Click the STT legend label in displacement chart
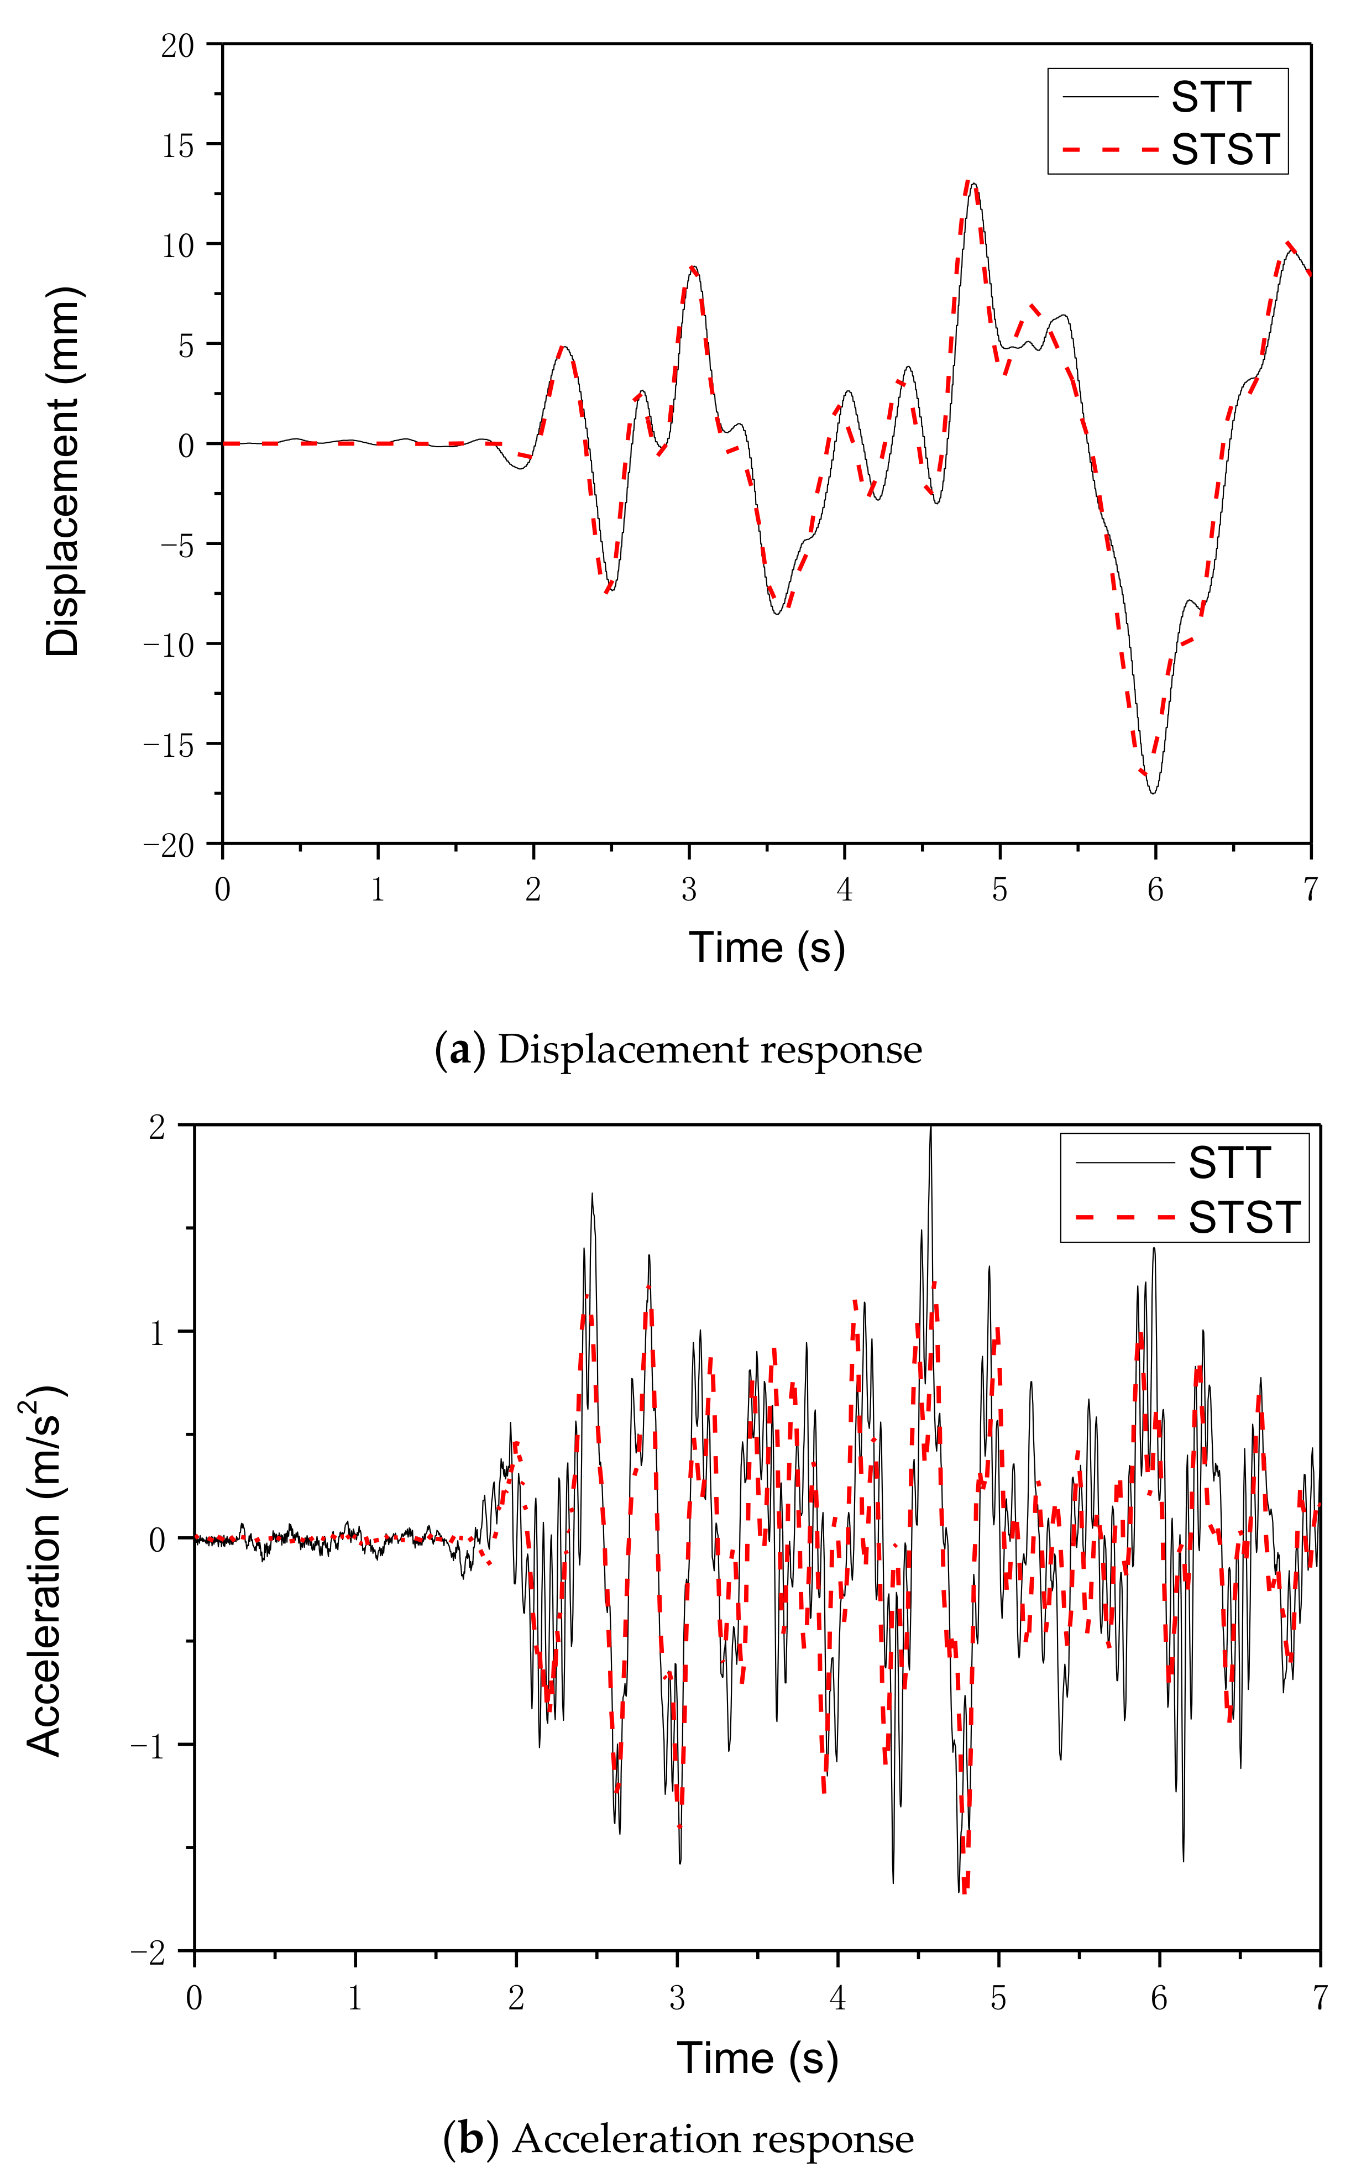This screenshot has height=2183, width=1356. tap(1210, 97)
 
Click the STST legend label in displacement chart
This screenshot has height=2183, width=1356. tap(1224, 149)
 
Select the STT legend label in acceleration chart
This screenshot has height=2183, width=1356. tap(1229, 1163)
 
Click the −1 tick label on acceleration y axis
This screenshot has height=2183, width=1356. tap(149, 1745)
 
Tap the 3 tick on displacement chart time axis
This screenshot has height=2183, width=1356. tap(689, 889)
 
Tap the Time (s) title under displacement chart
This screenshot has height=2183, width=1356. tap(767, 947)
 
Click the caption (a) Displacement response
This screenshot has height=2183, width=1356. tap(678, 1049)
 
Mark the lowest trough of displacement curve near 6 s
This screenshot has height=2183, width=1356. tap(1153, 792)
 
